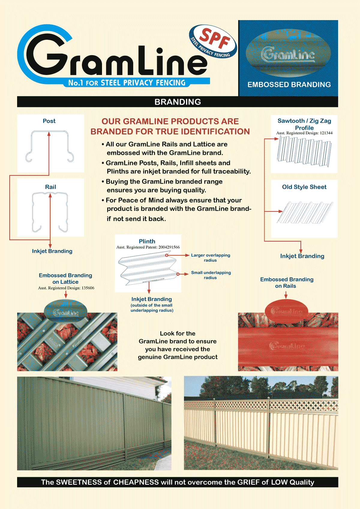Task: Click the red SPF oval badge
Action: [x=213, y=41]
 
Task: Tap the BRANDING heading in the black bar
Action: [x=178, y=102]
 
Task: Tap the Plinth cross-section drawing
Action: [x=148, y=268]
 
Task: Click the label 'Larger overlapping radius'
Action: [x=210, y=258]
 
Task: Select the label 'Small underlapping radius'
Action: [x=211, y=275]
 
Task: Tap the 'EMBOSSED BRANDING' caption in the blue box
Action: [x=289, y=85]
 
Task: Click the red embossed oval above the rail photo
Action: [x=286, y=311]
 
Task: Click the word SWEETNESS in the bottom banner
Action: [x=79, y=482]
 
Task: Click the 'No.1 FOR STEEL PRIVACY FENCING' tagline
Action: [x=127, y=83]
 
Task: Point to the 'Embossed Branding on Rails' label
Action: [x=286, y=283]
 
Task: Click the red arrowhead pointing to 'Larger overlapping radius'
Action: [x=187, y=255]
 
